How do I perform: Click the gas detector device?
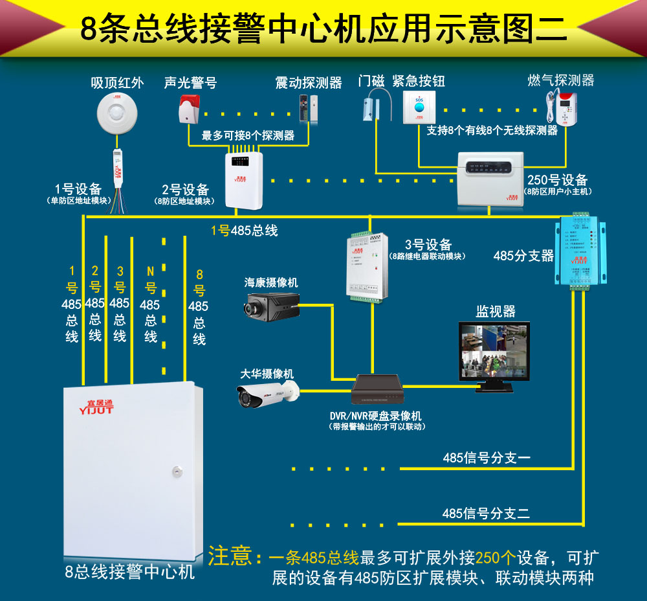click(x=560, y=107)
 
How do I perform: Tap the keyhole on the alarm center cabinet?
click(x=176, y=469)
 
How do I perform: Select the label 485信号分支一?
click(x=487, y=458)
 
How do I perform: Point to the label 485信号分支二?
click(x=487, y=514)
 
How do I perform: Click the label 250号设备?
click(x=557, y=180)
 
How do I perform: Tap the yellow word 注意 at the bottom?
click(x=229, y=556)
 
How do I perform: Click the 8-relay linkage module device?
click(x=366, y=266)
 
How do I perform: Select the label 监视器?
click(x=496, y=312)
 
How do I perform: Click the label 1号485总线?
click(x=244, y=231)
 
